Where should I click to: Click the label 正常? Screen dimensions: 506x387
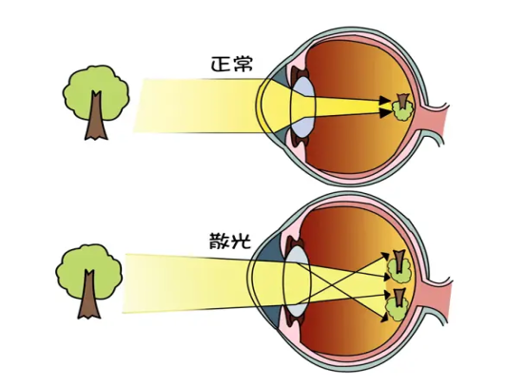point(232,64)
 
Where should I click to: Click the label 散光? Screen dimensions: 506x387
point(230,241)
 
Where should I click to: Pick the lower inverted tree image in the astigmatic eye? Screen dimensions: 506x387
point(398,305)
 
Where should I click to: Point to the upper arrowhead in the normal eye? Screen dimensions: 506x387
point(385,100)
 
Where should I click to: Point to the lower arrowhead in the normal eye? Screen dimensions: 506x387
point(385,112)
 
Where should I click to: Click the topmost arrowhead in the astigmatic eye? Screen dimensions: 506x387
point(385,256)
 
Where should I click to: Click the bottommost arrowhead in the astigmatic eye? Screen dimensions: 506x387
point(384,319)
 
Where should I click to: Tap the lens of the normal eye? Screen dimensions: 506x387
point(302,106)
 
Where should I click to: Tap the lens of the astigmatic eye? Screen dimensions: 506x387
point(297,282)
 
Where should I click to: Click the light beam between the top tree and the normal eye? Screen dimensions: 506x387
point(200,106)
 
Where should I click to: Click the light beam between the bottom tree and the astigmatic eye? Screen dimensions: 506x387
point(188,283)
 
